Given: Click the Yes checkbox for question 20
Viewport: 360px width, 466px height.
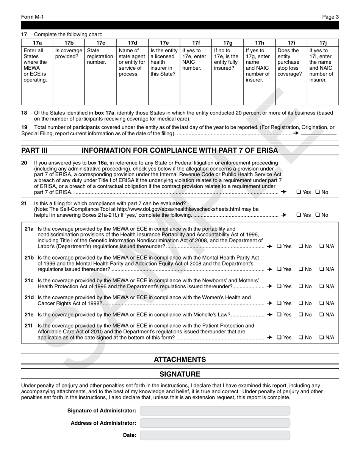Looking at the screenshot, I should point(298,192).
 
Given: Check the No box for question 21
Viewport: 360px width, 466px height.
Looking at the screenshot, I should point(317,215).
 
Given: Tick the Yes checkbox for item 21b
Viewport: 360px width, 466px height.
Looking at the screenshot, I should point(279,269).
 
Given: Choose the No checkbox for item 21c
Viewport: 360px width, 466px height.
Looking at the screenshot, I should point(301,286).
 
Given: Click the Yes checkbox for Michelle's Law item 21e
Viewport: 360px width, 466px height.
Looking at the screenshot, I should point(279,314).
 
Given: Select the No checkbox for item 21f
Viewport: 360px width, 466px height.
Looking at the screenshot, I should point(301,337).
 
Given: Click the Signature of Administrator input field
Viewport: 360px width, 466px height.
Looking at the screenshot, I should point(214,411).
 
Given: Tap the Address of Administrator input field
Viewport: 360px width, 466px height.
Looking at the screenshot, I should point(214,423).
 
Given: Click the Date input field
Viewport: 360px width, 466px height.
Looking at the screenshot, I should point(214,435).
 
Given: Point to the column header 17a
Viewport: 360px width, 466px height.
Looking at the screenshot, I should point(37,43).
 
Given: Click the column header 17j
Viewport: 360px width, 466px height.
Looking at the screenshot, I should point(322,43).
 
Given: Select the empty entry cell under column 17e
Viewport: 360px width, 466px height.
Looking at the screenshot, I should point(164,94).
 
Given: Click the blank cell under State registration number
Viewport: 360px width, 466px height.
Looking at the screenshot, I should point(100,94).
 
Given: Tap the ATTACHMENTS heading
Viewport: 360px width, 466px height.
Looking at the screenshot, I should point(180,359).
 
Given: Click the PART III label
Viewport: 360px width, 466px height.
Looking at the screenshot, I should point(34,150).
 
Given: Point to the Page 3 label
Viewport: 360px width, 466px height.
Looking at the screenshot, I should point(330,17).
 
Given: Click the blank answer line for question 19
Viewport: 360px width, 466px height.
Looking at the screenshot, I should point(319,134).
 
